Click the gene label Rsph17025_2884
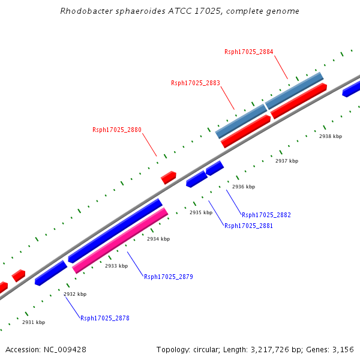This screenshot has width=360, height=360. pos(248,52)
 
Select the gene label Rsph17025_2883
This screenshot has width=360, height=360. pos(195,83)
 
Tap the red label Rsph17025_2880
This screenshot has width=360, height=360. pos(116,130)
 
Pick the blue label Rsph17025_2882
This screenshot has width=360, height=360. pos(266,215)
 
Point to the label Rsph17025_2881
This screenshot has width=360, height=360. pos(248,226)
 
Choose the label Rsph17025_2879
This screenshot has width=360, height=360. pos(168,277)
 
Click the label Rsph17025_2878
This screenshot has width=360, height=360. pos(104,318)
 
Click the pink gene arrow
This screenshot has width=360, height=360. pos(120,241)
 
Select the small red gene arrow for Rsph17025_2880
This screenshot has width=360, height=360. pos(169,178)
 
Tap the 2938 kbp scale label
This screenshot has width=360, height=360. pos(330,136)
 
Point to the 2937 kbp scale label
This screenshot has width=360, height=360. pos(286,161)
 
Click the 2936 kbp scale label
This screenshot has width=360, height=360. pos(243,187)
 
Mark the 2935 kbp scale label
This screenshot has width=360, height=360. pos(200,212)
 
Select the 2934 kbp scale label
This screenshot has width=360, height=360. pos(158,239)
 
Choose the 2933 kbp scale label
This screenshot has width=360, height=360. pos(116,266)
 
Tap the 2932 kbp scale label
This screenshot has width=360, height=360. pos(74,294)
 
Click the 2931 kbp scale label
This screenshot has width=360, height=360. pos(33,322)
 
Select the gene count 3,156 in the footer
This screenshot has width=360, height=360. pos(343,349)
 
